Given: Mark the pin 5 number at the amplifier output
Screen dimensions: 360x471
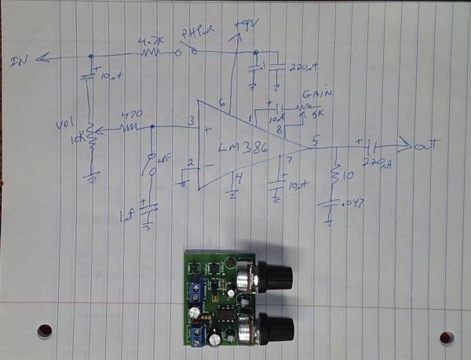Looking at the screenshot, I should click(315, 141).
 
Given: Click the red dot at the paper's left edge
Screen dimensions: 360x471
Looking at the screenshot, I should click(45, 329).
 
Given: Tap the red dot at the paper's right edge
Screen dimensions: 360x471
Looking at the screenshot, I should click(447, 337).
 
